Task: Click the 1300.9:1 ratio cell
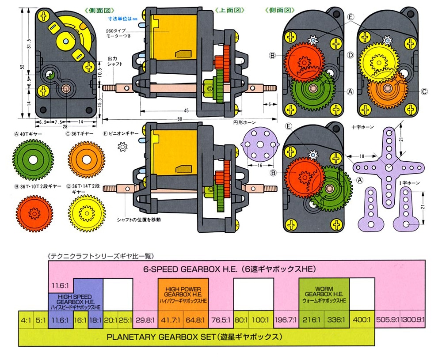413,319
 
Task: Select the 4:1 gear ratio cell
26,319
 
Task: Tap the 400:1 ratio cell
361,319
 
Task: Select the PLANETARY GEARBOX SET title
194,337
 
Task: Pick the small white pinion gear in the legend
122,146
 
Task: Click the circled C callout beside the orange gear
424,91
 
